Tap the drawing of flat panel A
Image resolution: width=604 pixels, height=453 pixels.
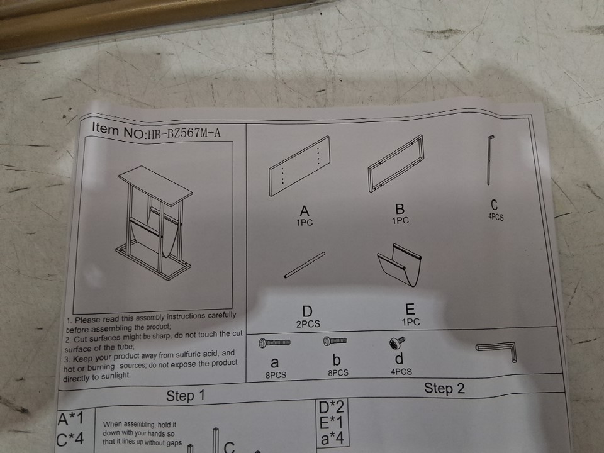point(299,166)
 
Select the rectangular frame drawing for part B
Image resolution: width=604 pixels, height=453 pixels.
point(396,163)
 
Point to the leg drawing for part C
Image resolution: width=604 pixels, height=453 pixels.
point(490,160)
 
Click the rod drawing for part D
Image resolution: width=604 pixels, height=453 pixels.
point(305,265)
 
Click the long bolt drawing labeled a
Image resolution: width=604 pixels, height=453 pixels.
point(275,342)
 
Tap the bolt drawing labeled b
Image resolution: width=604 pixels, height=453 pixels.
point(335,340)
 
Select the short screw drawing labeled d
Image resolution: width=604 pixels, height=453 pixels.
point(398,342)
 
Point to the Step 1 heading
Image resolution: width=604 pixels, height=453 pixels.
point(185,396)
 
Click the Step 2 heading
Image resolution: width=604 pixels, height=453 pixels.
point(445,388)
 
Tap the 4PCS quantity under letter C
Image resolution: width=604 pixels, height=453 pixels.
point(496,217)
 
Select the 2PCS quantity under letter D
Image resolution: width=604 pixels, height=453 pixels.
point(308,324)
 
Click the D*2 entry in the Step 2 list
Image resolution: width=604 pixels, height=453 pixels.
point(332,407)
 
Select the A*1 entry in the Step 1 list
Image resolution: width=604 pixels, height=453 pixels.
point(70,419)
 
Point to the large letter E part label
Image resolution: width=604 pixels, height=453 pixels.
point(410,310)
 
